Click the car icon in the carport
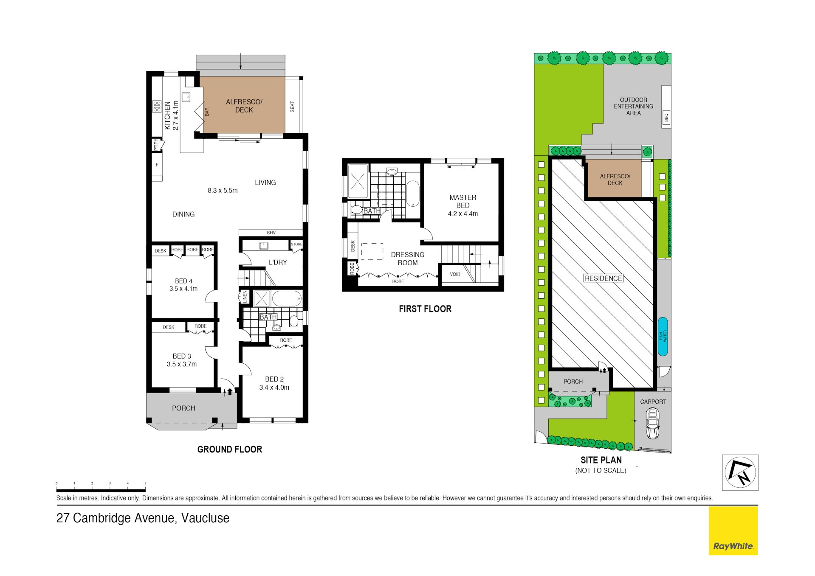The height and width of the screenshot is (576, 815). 652,423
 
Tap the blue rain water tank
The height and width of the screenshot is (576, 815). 663,336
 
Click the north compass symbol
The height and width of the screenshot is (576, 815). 740,472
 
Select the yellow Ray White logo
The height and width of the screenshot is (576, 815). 733,531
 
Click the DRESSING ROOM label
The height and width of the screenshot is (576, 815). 408,258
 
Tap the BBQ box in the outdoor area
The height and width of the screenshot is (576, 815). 666,117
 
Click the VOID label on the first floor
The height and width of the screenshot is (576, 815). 455,274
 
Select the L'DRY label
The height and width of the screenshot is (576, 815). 278,262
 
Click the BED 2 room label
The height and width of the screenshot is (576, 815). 274,379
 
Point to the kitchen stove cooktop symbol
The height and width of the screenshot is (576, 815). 157,106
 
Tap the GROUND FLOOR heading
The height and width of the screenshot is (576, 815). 230,449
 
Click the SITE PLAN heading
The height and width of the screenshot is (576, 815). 601,460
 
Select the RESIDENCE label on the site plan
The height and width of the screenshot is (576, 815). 603,278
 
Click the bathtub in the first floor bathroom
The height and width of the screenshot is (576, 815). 412,194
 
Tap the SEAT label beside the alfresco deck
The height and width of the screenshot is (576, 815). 292,107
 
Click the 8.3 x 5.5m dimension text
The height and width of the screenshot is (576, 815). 223,191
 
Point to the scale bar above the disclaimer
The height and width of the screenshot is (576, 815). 101,490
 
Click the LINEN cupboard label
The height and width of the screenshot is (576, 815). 245,296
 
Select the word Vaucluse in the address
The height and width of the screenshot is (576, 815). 205,518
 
